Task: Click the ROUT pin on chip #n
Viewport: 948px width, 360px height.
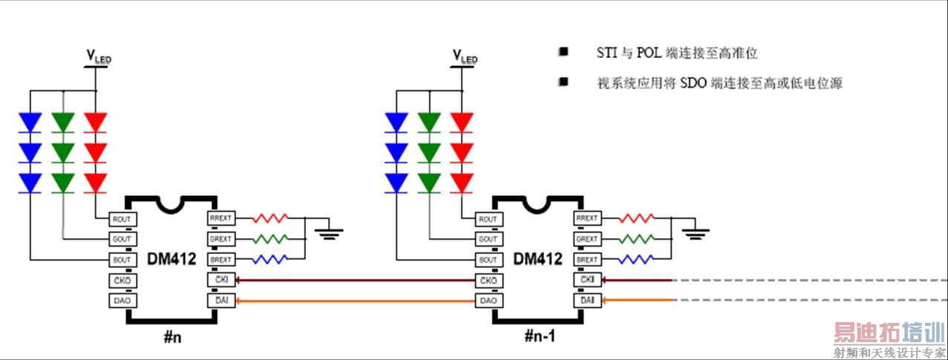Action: (x=121, y=220)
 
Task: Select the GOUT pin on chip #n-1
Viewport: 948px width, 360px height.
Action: (x=488, y=240)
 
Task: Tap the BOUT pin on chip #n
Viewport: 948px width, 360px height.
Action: (x=121, y=260)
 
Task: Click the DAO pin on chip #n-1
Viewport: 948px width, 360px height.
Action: (x=488, y=301)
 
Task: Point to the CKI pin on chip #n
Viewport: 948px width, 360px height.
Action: (x=221, y=281)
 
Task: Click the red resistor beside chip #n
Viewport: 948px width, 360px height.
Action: (x=270, y=219)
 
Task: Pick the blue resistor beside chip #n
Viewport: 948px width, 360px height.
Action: (x=270, y=259)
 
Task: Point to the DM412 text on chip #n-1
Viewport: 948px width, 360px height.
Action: (x=537, y=259)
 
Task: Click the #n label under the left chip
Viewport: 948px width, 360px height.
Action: (x=173, y=336)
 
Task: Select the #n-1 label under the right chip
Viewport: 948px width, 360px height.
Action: (x=540, y=336)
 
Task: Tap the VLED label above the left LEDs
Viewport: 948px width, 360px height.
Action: (x=99, y=56)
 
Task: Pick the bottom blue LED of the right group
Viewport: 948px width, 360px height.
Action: (x=396, y=183)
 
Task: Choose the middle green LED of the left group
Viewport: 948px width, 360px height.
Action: (x=63, y=152)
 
